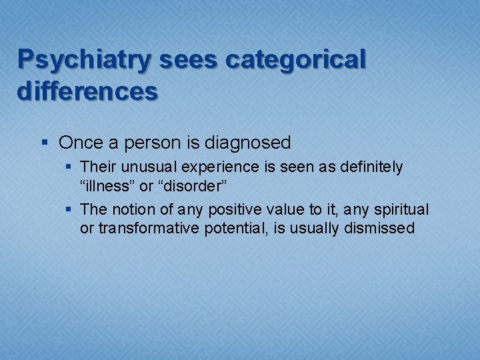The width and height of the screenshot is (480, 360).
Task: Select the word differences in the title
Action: [88, 91]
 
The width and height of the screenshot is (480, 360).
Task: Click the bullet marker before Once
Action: [44, 143]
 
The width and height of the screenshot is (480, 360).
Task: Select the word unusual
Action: [141, 167]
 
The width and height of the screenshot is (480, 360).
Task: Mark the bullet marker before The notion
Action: [70, 210]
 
